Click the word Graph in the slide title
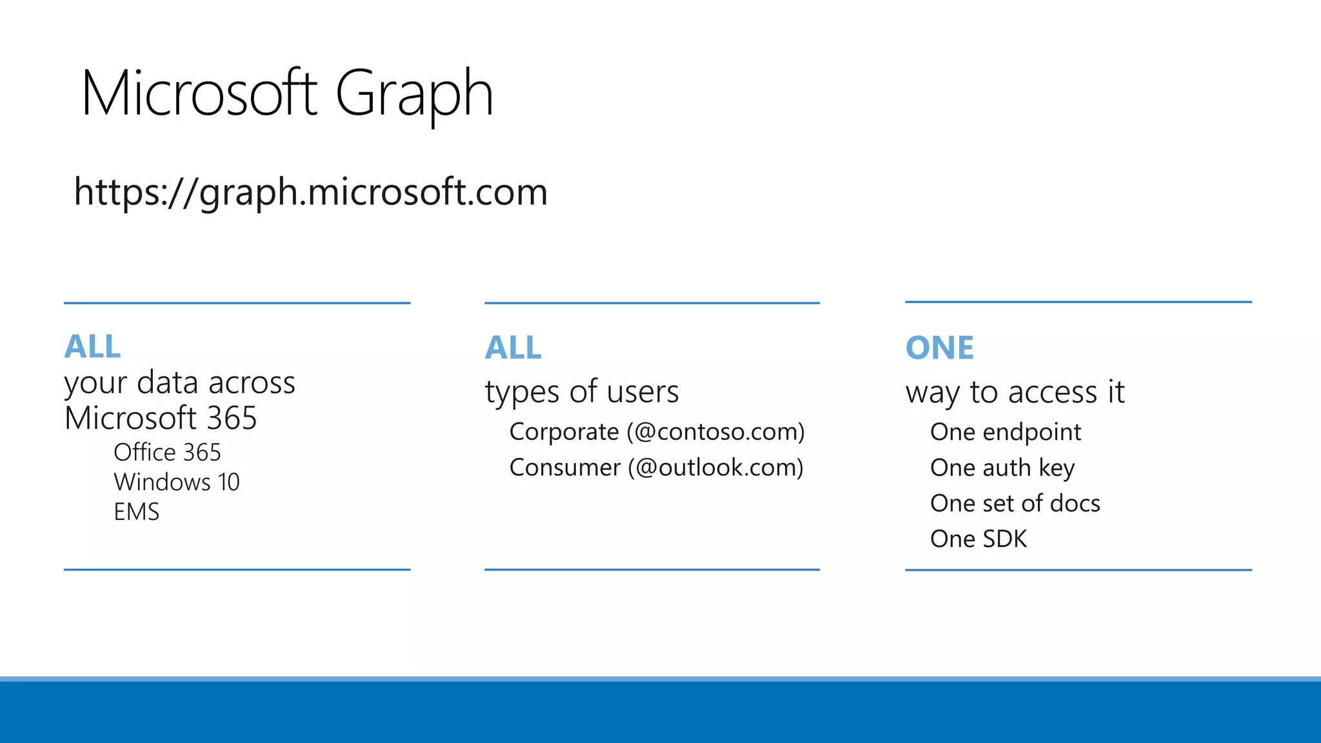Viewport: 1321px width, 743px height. click(x=414, y=94)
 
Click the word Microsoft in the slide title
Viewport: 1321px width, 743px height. click(x=199, y=94)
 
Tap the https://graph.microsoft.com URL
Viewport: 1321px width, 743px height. click(x=310, y=192)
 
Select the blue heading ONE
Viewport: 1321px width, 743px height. click(x=939, y=348)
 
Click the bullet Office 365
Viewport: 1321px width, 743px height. click(x=167, y=452)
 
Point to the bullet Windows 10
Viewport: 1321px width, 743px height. click(x=176, y=482)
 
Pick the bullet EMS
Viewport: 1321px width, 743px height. click(x=136, y=512)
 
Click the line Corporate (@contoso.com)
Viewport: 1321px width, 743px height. click(x=657, y=431)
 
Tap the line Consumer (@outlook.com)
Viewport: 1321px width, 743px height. click(x=656, y=468)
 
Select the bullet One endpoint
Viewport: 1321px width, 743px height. click(x=1005, y=432)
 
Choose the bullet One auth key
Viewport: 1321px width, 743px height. click(x=1002, y=468)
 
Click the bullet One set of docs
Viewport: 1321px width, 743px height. click(x=1015, y=503)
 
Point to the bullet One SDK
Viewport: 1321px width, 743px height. click(x=978, y=539)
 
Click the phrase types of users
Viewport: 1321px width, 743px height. click(x=582, y=391)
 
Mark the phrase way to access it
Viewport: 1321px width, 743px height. click(x=1015, y=392)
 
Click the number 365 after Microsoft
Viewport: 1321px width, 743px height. click(x=232, y=418)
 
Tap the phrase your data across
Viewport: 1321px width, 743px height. click(x=179, y=382)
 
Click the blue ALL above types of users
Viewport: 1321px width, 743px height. click(x=513, y=348)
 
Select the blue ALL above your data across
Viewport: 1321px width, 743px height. click(x=92, y=347)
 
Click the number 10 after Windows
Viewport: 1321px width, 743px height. click(x=228, y=482)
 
